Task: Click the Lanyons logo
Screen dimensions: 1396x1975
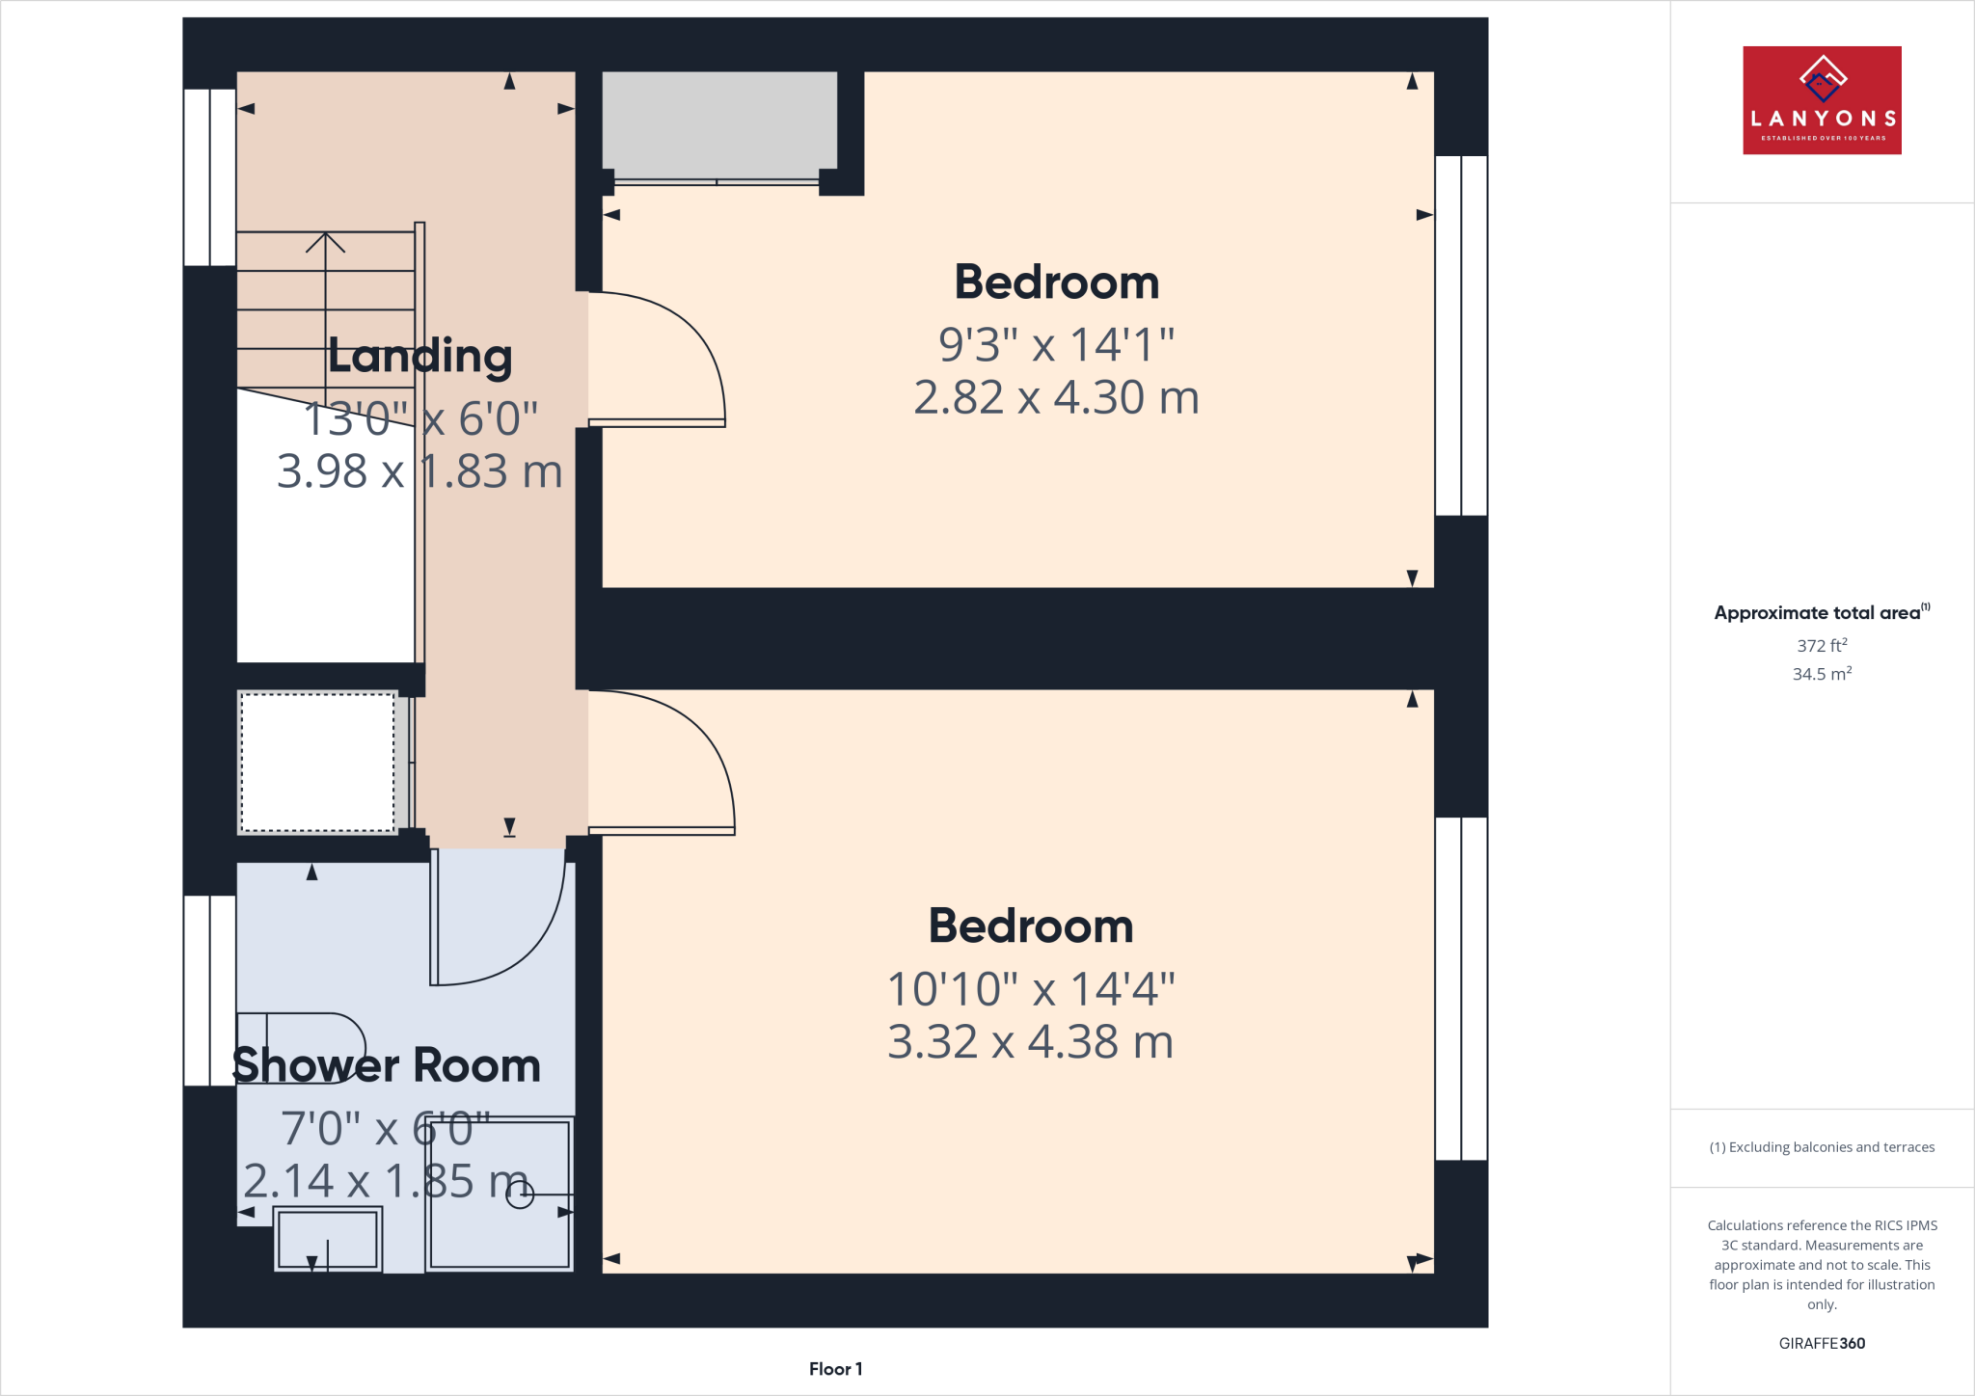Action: [x=1822, y=100]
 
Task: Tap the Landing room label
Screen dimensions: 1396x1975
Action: [x=419, y=356]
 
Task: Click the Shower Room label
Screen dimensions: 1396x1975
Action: [x=387, y=1065]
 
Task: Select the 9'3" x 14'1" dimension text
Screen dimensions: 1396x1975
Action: [x=1056, y=345]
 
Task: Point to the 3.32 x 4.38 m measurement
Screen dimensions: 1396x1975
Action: [x=1030, y=1042]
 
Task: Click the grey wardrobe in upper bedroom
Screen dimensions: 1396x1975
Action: [x=719, y=124]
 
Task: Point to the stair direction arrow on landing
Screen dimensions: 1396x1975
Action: [x=326, y=243]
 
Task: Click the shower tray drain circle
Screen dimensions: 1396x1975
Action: [x=520, y=1195]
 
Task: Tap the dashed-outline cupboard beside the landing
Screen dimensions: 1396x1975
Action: [x=317, y=762]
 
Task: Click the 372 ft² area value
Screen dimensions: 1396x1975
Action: [x=1822, y=645]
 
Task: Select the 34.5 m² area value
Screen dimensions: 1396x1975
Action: [x=1822, y=674]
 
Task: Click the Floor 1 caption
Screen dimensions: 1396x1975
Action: [x=835, y=1369]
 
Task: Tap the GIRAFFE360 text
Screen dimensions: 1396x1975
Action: [x=1822, y=1343]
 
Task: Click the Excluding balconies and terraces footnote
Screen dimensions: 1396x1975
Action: [x=1822, y=1147]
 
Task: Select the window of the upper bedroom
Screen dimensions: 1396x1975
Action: [x=1461, y=336]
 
